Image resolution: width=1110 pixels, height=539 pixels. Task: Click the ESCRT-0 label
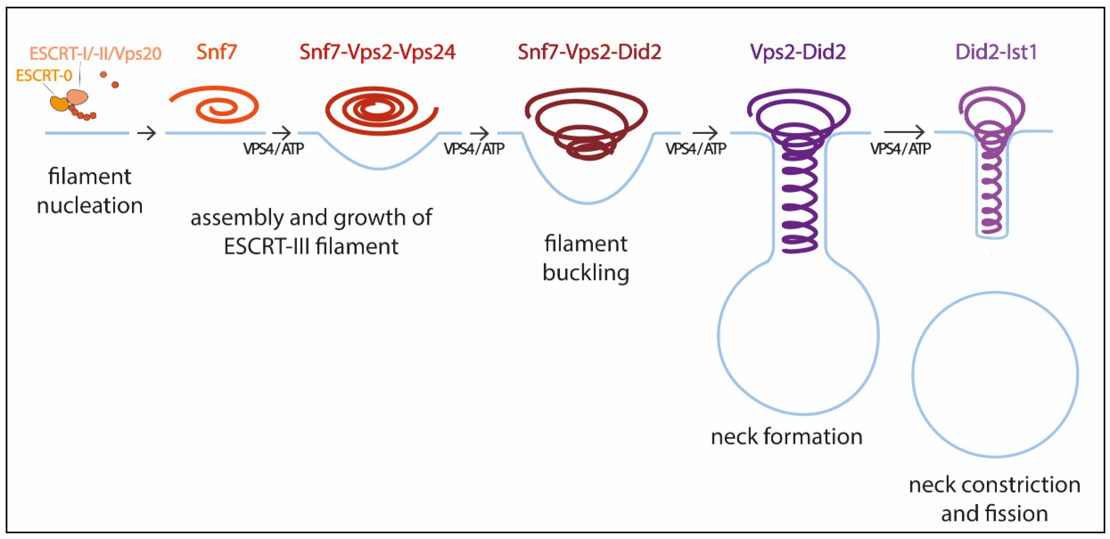(x=44, y=76)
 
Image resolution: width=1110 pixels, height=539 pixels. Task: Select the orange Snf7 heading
(x=217, y=52)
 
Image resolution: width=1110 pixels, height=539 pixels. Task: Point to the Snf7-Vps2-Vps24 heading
(x=377, y=52)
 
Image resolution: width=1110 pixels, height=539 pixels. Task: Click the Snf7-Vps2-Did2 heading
(x=590, y=52)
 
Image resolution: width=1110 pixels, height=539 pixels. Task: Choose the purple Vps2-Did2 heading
(x=798, y=52)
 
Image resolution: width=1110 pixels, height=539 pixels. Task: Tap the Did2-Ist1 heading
(x=996, y=52)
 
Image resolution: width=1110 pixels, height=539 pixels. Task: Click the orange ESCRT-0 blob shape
(x=59, y=103)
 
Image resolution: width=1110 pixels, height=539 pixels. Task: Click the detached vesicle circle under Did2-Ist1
(x=995, y=374)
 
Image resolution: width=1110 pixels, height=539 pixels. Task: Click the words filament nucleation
(x=89, y=191)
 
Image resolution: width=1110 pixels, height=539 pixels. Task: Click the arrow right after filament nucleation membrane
(x=146, y=133)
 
